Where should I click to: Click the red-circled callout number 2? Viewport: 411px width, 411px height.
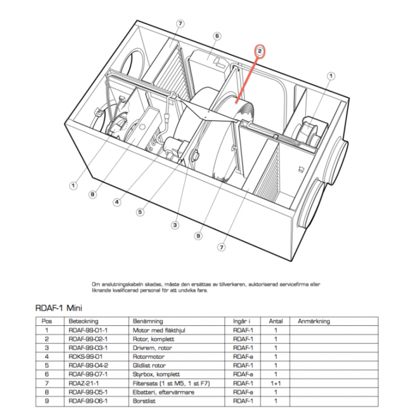[x=260, y=51]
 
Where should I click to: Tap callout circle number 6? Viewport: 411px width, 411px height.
[x=217, y=36]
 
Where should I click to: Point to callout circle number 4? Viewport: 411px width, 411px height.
[x=117, y=202]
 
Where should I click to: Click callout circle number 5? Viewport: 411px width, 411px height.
[x=140, y=212]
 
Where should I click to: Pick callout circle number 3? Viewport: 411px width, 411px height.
[x=175, y=224]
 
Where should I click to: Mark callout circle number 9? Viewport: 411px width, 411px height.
[x=199, y=236]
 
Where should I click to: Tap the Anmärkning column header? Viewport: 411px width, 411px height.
[x=314, y=321]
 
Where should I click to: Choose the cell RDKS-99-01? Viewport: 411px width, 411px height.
[x=86, y=356]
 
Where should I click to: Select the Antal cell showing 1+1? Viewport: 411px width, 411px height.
[x=275, y=383]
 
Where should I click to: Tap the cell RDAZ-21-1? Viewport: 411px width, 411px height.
[x=85, y=383]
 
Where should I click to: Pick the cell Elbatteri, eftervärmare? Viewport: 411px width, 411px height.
[x=157, y=392]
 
